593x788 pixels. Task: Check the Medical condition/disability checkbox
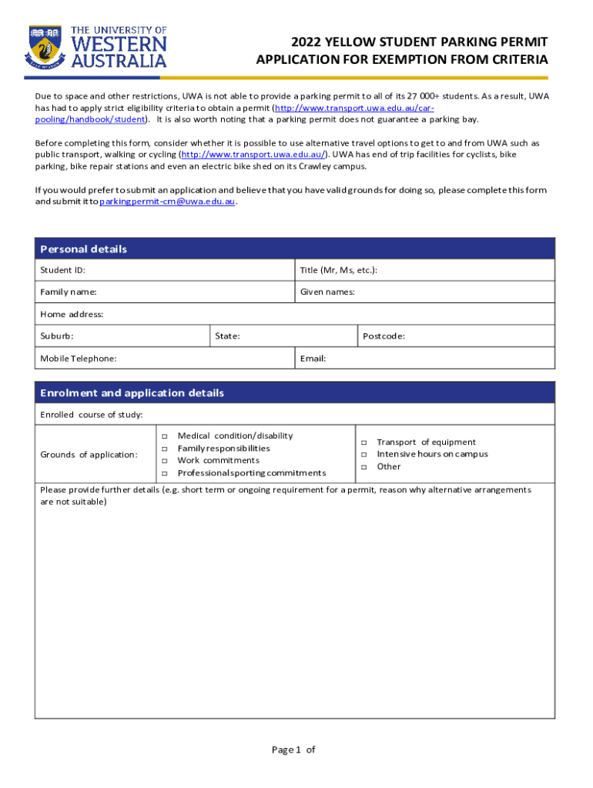point(164,436)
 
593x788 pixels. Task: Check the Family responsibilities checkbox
point(164,449)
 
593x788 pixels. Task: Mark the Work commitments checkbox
point(164,461)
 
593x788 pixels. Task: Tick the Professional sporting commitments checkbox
point(164,473)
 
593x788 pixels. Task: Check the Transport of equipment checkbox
point(364,442)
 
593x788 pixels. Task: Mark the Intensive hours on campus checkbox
point(364,455)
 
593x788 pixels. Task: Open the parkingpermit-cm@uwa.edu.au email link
point(168,202)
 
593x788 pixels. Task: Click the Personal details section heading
point(83,249)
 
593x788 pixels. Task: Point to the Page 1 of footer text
point(293,750)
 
